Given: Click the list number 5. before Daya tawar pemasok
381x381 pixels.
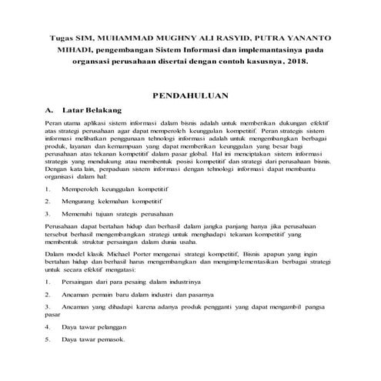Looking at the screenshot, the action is coord(47,339).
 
